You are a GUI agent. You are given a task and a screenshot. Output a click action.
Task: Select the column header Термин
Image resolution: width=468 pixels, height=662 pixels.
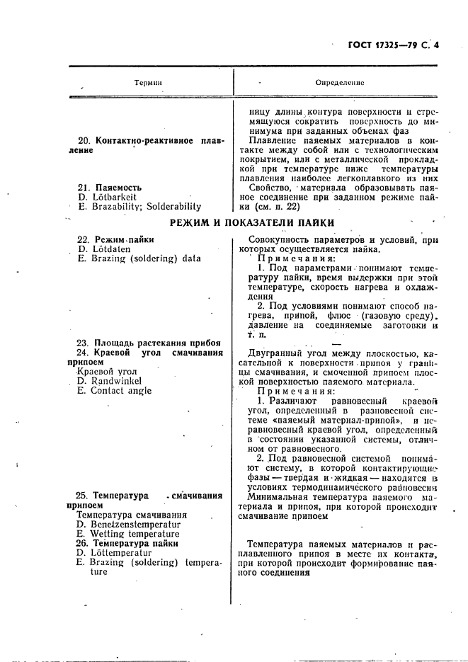[148, 83]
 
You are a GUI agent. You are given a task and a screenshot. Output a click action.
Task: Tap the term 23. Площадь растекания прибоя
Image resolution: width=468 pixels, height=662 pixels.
[148, 343]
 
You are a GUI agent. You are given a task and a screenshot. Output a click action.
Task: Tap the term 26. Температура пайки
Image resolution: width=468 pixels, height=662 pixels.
[127, 544]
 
